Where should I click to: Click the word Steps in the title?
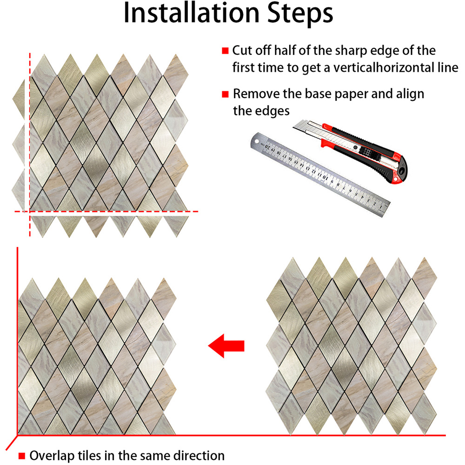click(x=300, y=14)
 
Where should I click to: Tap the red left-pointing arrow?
click(x=226, y=346)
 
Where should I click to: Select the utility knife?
click(x=351, y=151)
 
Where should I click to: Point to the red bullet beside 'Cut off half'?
click(x=225, y=51)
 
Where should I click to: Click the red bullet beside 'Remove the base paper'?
click(x=225, y=94)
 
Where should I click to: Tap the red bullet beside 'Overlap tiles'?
click(x=22, y=456)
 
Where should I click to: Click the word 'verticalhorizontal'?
click(x=395, y=68)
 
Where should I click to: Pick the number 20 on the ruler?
click(x=268, y=146)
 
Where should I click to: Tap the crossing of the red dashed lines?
click(x=30, y=212)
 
